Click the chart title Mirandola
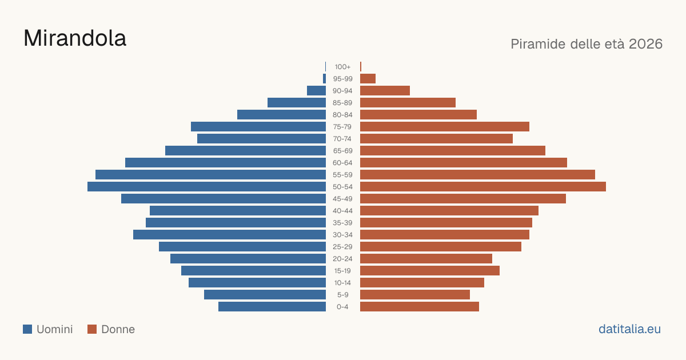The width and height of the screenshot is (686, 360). pos(75,38)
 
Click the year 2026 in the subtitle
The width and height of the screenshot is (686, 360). pos(645,44)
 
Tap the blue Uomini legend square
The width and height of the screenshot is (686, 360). pos(27,329)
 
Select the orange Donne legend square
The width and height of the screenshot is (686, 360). pos(92,329)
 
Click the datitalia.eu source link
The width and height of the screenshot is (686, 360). pos(629,329)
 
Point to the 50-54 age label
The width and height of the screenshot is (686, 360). pos(342,187)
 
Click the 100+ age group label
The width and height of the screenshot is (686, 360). pos(342,67)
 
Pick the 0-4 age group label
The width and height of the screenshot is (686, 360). pos(342,307)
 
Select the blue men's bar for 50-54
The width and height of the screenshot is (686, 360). pos(207,187)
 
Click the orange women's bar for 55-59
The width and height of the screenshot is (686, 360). pos(477,175)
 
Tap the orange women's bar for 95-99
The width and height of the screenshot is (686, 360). pos(368,79)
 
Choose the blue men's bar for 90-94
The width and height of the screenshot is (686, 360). pos(316,91)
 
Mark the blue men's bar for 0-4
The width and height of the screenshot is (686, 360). pos(272,307)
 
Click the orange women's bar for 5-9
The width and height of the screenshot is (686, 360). pos(415,295)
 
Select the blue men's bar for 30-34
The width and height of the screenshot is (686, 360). pos(229,235)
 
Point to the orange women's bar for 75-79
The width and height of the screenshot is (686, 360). pos(445,127)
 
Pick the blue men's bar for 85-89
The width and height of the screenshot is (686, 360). pos(297,102)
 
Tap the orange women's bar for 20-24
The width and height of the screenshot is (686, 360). pos(426,259)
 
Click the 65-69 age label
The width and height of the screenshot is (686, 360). pos(342,151)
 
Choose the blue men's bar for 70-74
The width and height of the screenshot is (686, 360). pos(262,139)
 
